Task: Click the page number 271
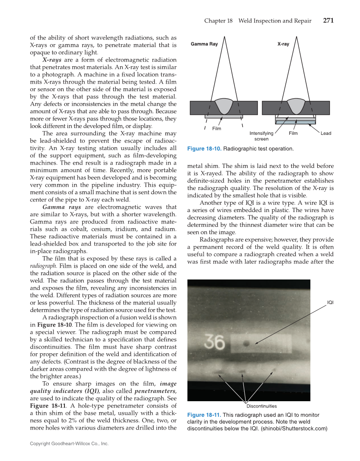tap(328, 20)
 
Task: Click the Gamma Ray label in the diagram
tap(204, 44)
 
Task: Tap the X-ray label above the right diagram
tap(283, 44)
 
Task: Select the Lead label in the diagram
tap(326, 133)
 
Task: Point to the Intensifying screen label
tap(262, 136)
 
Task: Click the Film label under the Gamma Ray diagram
tap(217, 128)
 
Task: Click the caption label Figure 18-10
tap(204, 149)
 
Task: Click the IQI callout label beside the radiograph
tap(330, 302)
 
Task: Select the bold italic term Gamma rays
tap(61, 207)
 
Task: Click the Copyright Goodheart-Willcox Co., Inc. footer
tap(69, 444)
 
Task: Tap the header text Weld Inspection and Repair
tap(275, 21)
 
